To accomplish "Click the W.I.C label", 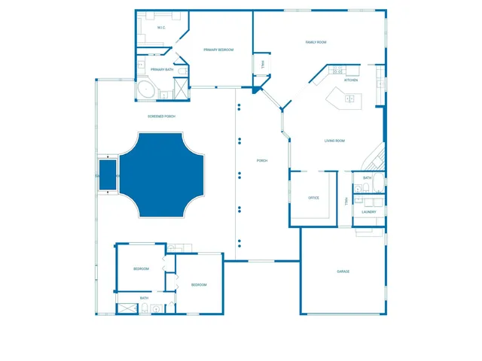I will [161, 28].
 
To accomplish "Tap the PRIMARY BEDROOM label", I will [218, 50].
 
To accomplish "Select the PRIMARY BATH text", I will [162, 70].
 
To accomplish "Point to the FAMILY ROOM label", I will [316, 42].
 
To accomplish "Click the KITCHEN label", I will [351, 80].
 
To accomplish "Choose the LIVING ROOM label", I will [334, 141].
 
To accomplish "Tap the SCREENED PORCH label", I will [162, 117].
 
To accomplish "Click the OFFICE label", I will [314, 198].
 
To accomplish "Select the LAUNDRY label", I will [368, 212].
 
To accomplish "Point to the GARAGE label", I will [343, 272].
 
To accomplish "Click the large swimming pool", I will [163, 174].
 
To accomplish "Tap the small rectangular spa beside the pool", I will [107, 174].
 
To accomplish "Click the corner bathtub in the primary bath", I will [145, 90].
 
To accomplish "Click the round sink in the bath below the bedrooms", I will [156, 308].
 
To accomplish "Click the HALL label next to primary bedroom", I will [263, 65].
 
